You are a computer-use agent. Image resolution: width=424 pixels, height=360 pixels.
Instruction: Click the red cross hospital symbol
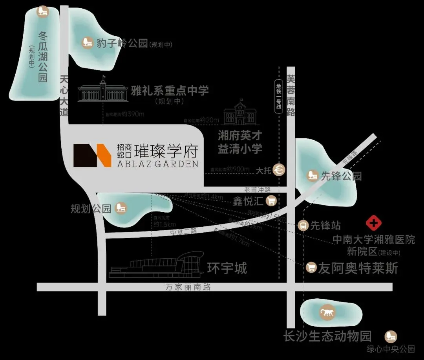click(373, 224)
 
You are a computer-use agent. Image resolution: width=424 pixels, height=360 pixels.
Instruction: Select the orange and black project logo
click(92, 155)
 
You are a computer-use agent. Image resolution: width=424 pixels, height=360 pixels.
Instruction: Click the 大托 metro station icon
click(280, 170)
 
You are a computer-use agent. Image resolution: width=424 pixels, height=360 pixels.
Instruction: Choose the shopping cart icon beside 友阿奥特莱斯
click(311, 268)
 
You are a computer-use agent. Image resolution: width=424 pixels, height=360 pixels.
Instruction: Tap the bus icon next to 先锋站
click(303, 225)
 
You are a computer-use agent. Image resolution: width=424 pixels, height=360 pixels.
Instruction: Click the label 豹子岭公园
click(122, 43)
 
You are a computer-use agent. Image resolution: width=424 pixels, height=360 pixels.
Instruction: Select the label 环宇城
click(227, 268)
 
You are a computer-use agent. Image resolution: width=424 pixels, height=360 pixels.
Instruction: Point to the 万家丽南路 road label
click(188, 287)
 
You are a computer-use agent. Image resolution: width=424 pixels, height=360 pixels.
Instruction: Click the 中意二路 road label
click(183, 231)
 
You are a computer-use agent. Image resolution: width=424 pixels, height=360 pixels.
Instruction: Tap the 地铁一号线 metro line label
click(279, 96)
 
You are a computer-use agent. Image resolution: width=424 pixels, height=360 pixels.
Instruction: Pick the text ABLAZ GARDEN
click(157, 164)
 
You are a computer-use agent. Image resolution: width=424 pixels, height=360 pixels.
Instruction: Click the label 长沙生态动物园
click(327, 337)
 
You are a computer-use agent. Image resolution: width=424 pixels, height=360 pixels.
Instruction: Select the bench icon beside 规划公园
click(121, 208)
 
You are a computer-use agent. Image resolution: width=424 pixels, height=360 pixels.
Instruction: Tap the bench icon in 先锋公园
click(313, 175)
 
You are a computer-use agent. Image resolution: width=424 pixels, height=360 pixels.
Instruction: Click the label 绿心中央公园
click(391, 349)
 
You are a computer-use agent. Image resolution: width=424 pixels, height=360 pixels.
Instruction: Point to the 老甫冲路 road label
click(258, 190)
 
